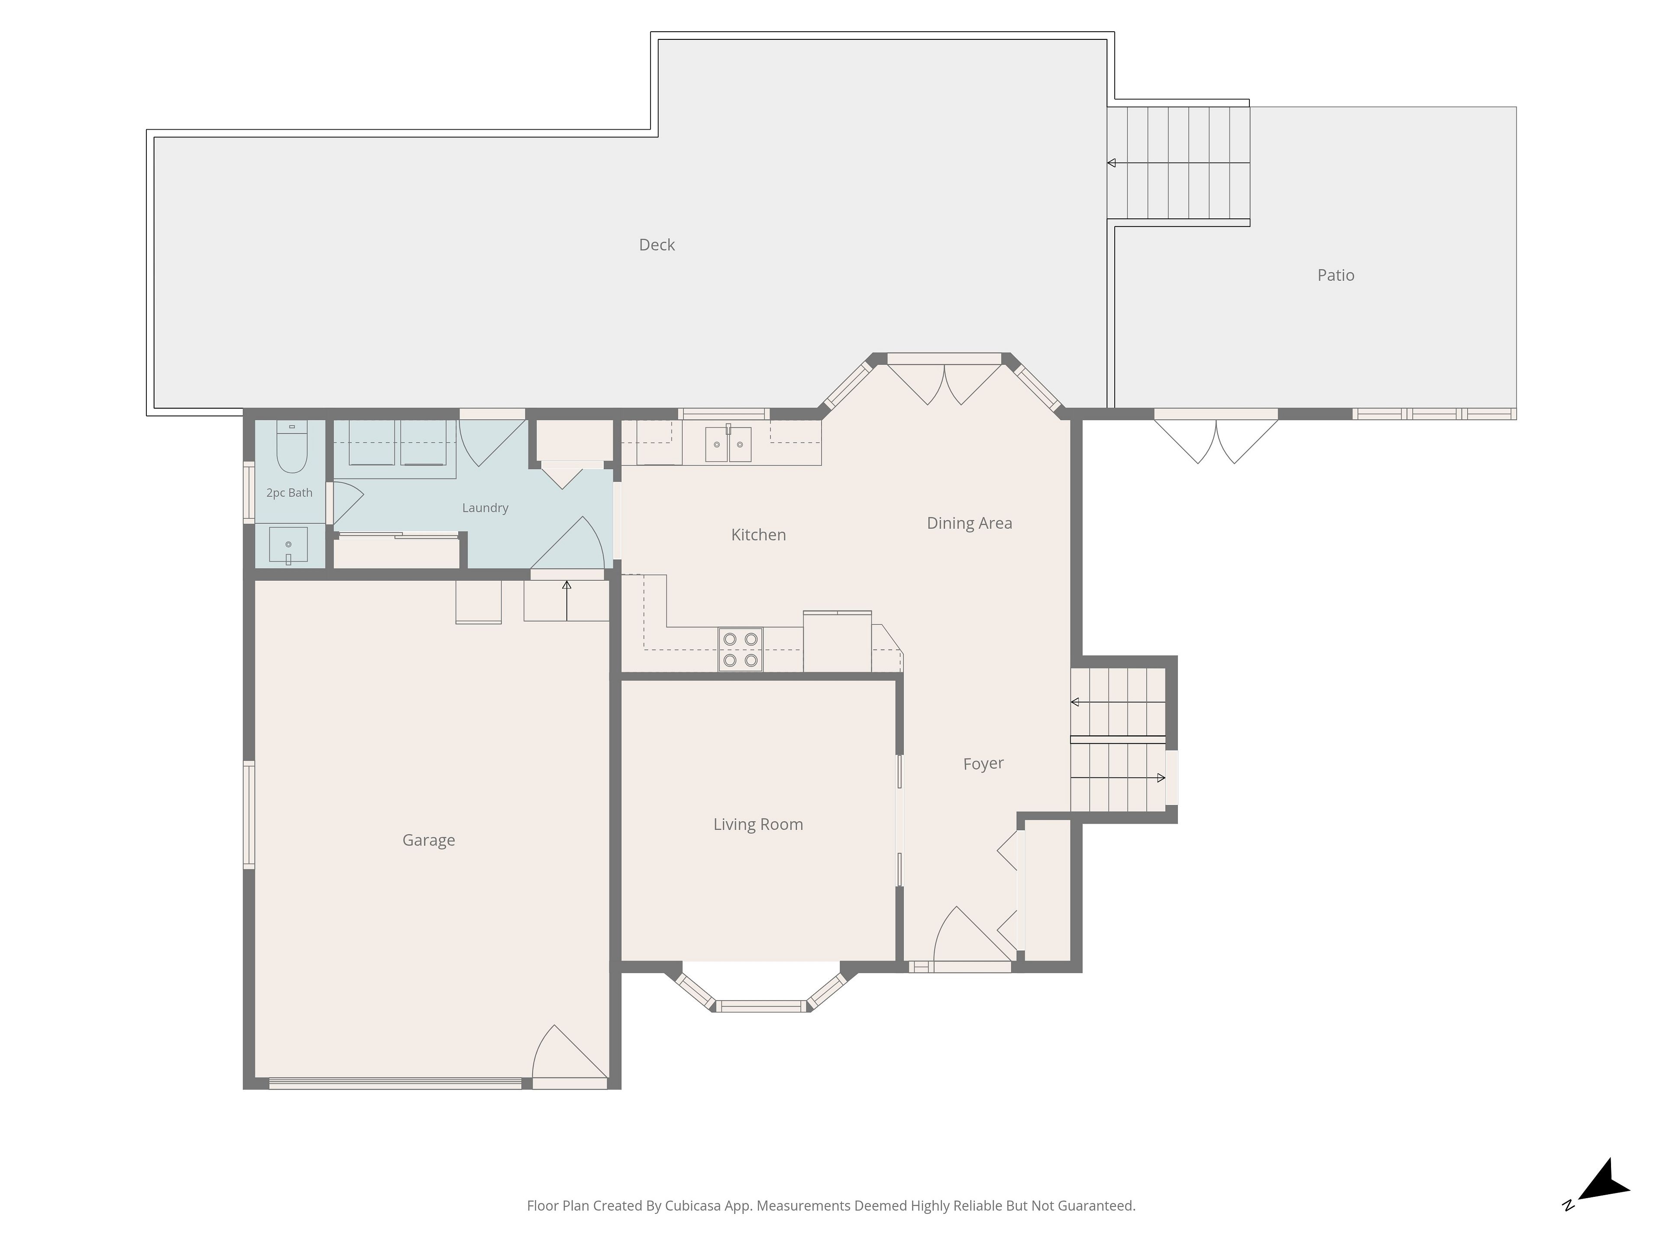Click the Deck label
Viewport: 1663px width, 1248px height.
[x=657, y=244]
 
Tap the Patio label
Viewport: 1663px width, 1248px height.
[x=1336, y=275]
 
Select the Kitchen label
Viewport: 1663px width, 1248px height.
[x=759, y=535]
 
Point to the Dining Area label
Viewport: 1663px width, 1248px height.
[x=969, y=523]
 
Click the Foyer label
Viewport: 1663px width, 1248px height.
[x=984, y=764]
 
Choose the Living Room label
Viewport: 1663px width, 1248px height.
[x=758, y=825]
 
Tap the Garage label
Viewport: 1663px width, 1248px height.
[x=429, y=840]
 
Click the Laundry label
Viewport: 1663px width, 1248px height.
[x=485, y=508]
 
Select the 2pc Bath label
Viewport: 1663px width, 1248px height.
[x=289, y=493]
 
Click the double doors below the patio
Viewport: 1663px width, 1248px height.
[x=1216, y=440]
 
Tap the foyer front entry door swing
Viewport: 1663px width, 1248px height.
[x=972, y=934]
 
